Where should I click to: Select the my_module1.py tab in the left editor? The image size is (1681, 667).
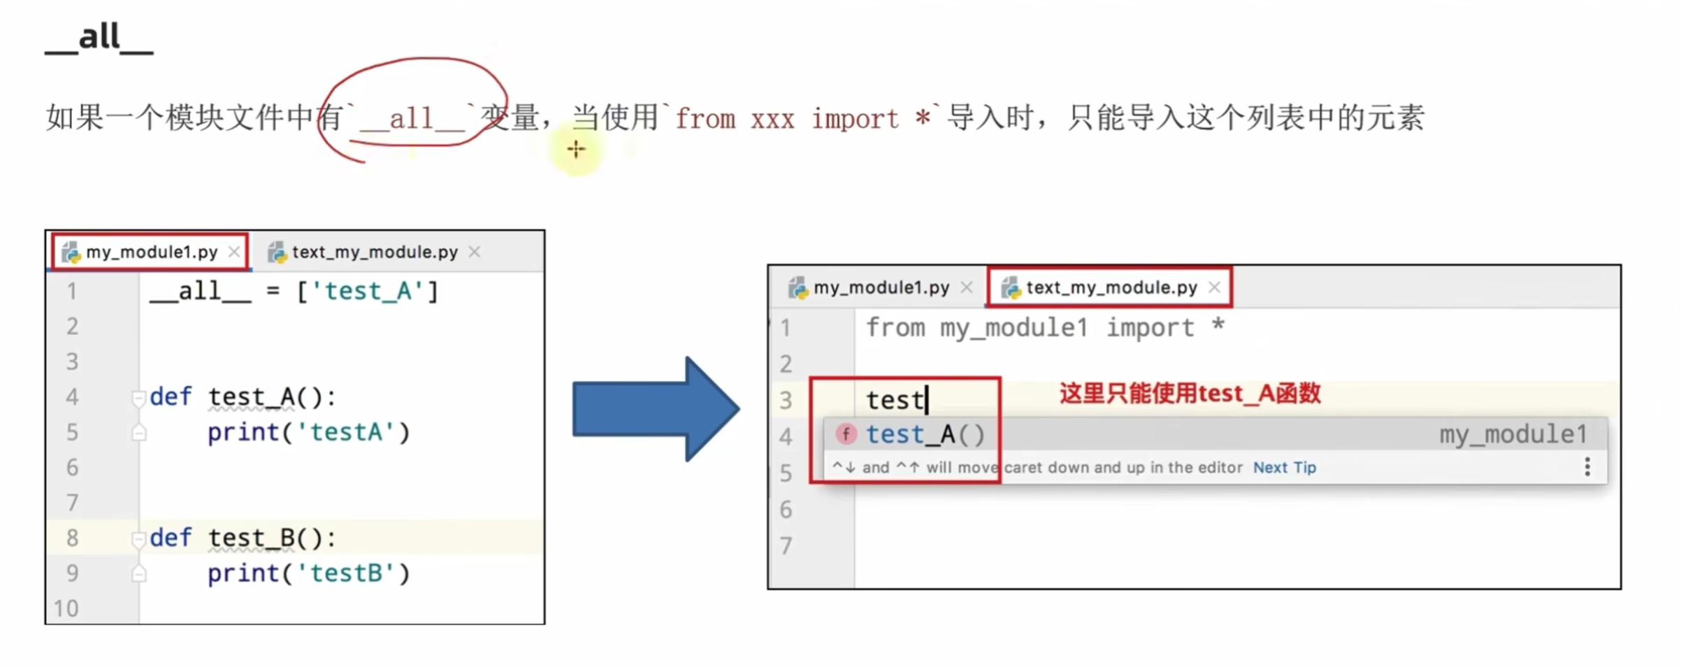pyautogui.click(x=151, y=252)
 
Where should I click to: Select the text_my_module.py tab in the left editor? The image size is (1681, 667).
pyautogui.click(x=374, y=252)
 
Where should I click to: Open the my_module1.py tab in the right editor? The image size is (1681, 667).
pyautogui.click(x=881, y=287)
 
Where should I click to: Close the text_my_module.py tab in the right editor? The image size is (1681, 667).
pyautogui.click(x=1215, y=287)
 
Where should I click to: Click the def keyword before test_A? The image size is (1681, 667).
pyautogui.click(x=171, y=396)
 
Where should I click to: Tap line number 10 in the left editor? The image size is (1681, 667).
pyautogui.click(x=66, y=608)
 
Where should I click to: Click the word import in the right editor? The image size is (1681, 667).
pyautogui.click(x=1150, y=328)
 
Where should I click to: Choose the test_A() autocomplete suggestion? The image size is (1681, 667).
pyautogui.click(x=925, y=434)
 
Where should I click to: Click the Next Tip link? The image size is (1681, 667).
pyautogui.click(x=1284, y=467)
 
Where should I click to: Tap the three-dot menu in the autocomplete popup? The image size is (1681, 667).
pyautogui.click(x=1587, y=466)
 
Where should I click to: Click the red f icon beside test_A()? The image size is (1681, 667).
pyautogui.click(x=846, y=434)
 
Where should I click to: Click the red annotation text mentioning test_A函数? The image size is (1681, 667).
pyautogui.click(x=1190, y=394)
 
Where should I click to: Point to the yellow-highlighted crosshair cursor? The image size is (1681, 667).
pyautogui.click(x=576, y=149)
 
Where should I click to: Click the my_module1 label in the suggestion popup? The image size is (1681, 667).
pyautogui.click(x=1513, y=434)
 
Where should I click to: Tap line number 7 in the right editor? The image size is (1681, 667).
pyautogui.click(x=786, y=545)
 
